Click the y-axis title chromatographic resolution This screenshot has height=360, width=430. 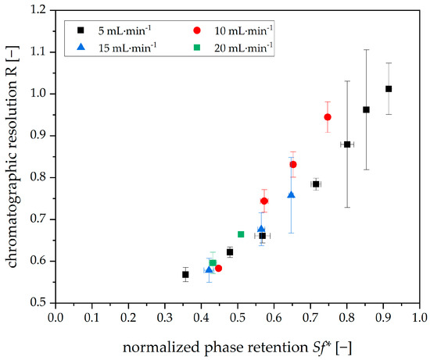point(13,156)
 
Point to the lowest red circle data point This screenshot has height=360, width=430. point(218,268)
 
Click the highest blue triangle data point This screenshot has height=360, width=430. point(291,194)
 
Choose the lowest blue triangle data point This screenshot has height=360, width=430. point(209,269)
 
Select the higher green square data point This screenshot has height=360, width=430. point(213,263)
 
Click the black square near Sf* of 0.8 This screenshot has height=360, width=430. point(347,144)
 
